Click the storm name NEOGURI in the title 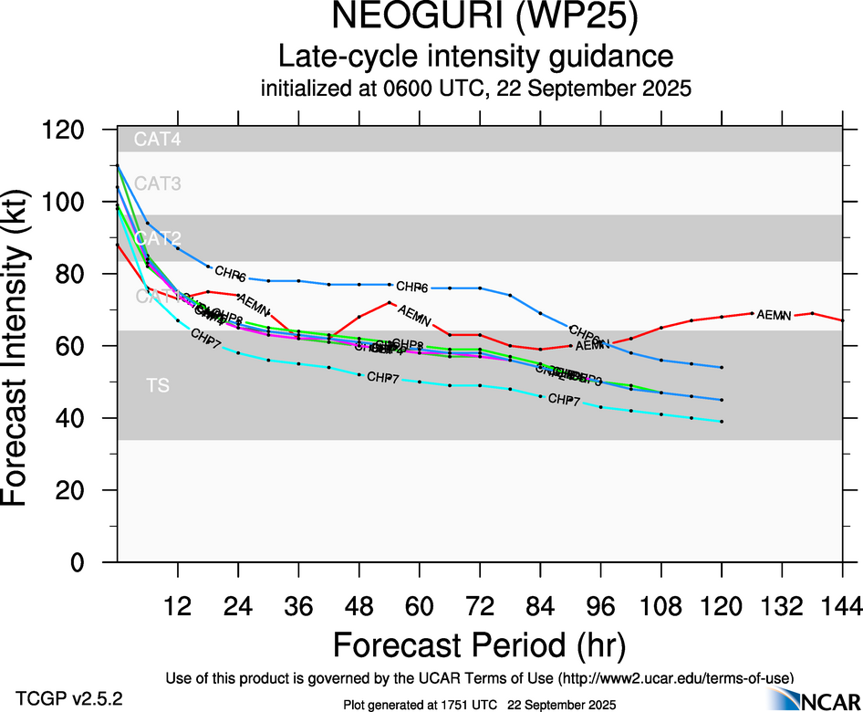tap(401, 18)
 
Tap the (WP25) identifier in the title tap(571, 18)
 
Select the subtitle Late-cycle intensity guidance tap(476, 57)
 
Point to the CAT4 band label tap(158, 140)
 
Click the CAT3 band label tap(158, 183)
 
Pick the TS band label tap(158, 386)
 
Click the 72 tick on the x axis tap(480, 606)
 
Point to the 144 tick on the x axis tap(841, 606)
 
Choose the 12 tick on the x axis tap(178, 606)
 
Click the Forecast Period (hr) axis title tap(479, 644)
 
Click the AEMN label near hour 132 tap(774, 315)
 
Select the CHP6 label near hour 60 tap(412, 287)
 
